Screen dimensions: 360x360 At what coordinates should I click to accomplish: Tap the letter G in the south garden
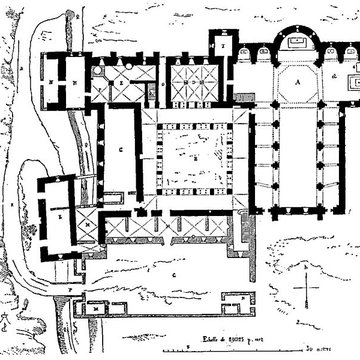[x=175, y=269]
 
